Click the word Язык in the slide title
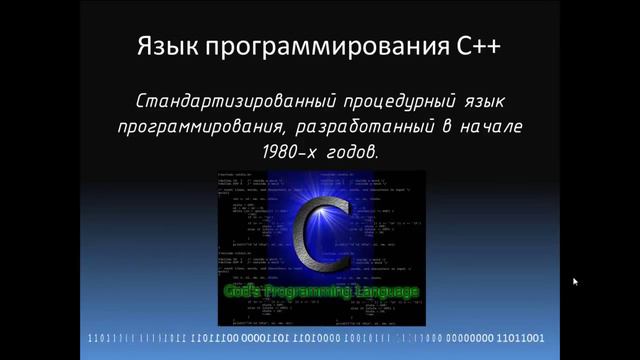coord(165,47)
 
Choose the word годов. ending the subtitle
coord(354,154)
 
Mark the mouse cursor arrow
coord(575,282)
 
